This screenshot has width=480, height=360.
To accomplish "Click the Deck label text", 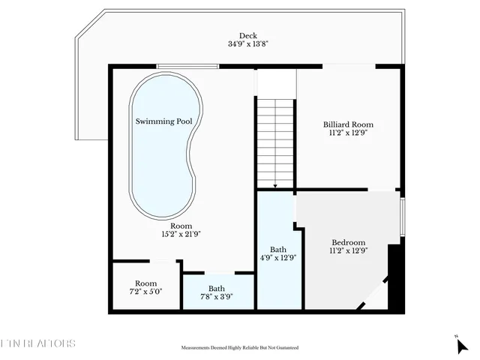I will point(247,36).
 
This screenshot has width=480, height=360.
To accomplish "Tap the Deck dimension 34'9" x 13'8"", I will point(247,44).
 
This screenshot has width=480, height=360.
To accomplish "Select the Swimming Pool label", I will point(163,121).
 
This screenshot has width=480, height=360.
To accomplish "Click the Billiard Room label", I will point(348,124).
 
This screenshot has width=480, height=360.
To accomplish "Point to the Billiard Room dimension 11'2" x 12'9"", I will point(348,133).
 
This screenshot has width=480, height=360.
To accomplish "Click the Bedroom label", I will point(348,242).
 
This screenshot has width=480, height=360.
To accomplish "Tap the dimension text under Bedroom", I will point(348,251).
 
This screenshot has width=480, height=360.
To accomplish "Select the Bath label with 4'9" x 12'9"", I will point(278,249).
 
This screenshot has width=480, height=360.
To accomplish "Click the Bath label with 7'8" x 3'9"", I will point(217,288).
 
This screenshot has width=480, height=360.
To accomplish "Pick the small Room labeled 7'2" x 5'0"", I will point(145,284).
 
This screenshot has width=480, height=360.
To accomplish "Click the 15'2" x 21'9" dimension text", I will point(181,234).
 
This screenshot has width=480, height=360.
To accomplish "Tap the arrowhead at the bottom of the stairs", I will point(275,185).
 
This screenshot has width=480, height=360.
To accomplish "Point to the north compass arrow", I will point(463,346).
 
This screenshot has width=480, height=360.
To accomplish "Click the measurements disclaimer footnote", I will point(240,348).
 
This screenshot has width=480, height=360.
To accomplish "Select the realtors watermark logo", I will point(37,344).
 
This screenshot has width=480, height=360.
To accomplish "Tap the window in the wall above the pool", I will point(187,67).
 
